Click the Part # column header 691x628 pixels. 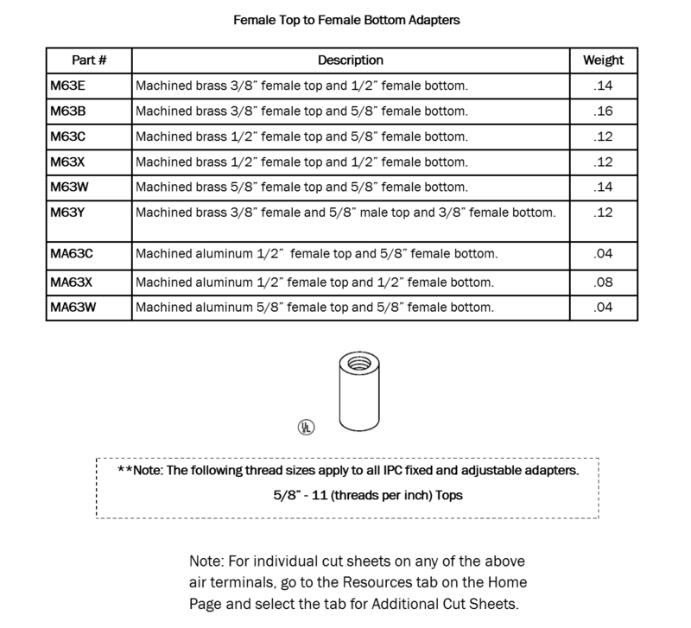tap(88, 60)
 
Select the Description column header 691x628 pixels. tap(350, 60)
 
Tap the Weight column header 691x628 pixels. tap(604, 60)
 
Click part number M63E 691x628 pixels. tap(67, 86)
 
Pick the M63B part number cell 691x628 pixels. tap(67, 111)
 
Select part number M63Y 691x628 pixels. tap(67, 212)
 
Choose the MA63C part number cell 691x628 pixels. tap(72, 255)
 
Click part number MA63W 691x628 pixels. tap(73, 308)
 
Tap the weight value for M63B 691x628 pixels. tap(604, 111)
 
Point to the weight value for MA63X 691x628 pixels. tap(604, 282)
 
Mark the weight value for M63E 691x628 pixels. tap(604, 86)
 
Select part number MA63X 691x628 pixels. tap(72, 282)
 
